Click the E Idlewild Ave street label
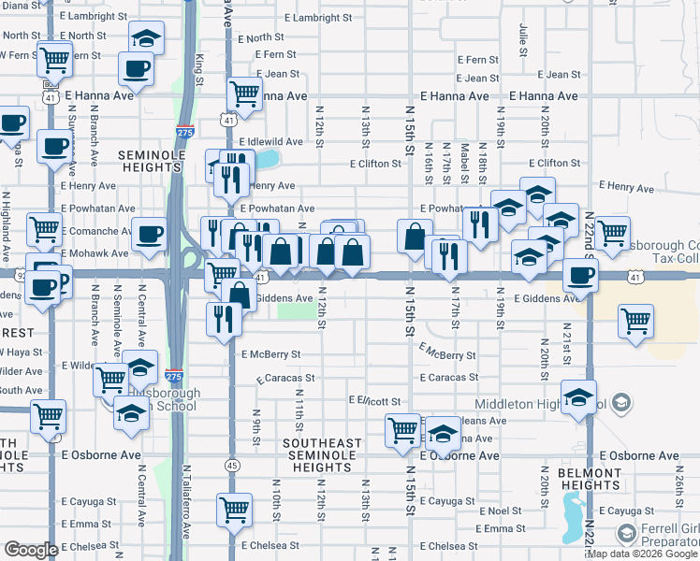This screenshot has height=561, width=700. point(270,141)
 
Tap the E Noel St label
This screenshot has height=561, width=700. point(500,511)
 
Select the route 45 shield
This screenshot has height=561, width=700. point(230,465)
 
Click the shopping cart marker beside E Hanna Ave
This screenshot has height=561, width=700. point(244,93)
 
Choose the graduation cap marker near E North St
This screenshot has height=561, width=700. point(145,39)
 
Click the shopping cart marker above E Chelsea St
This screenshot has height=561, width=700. point(234,510)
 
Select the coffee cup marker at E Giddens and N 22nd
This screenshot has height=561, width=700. point(580,275)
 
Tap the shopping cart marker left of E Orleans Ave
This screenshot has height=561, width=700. point(402,431)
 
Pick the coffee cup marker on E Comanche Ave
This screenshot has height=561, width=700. point(149,233)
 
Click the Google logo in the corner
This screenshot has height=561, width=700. point(31,550)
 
